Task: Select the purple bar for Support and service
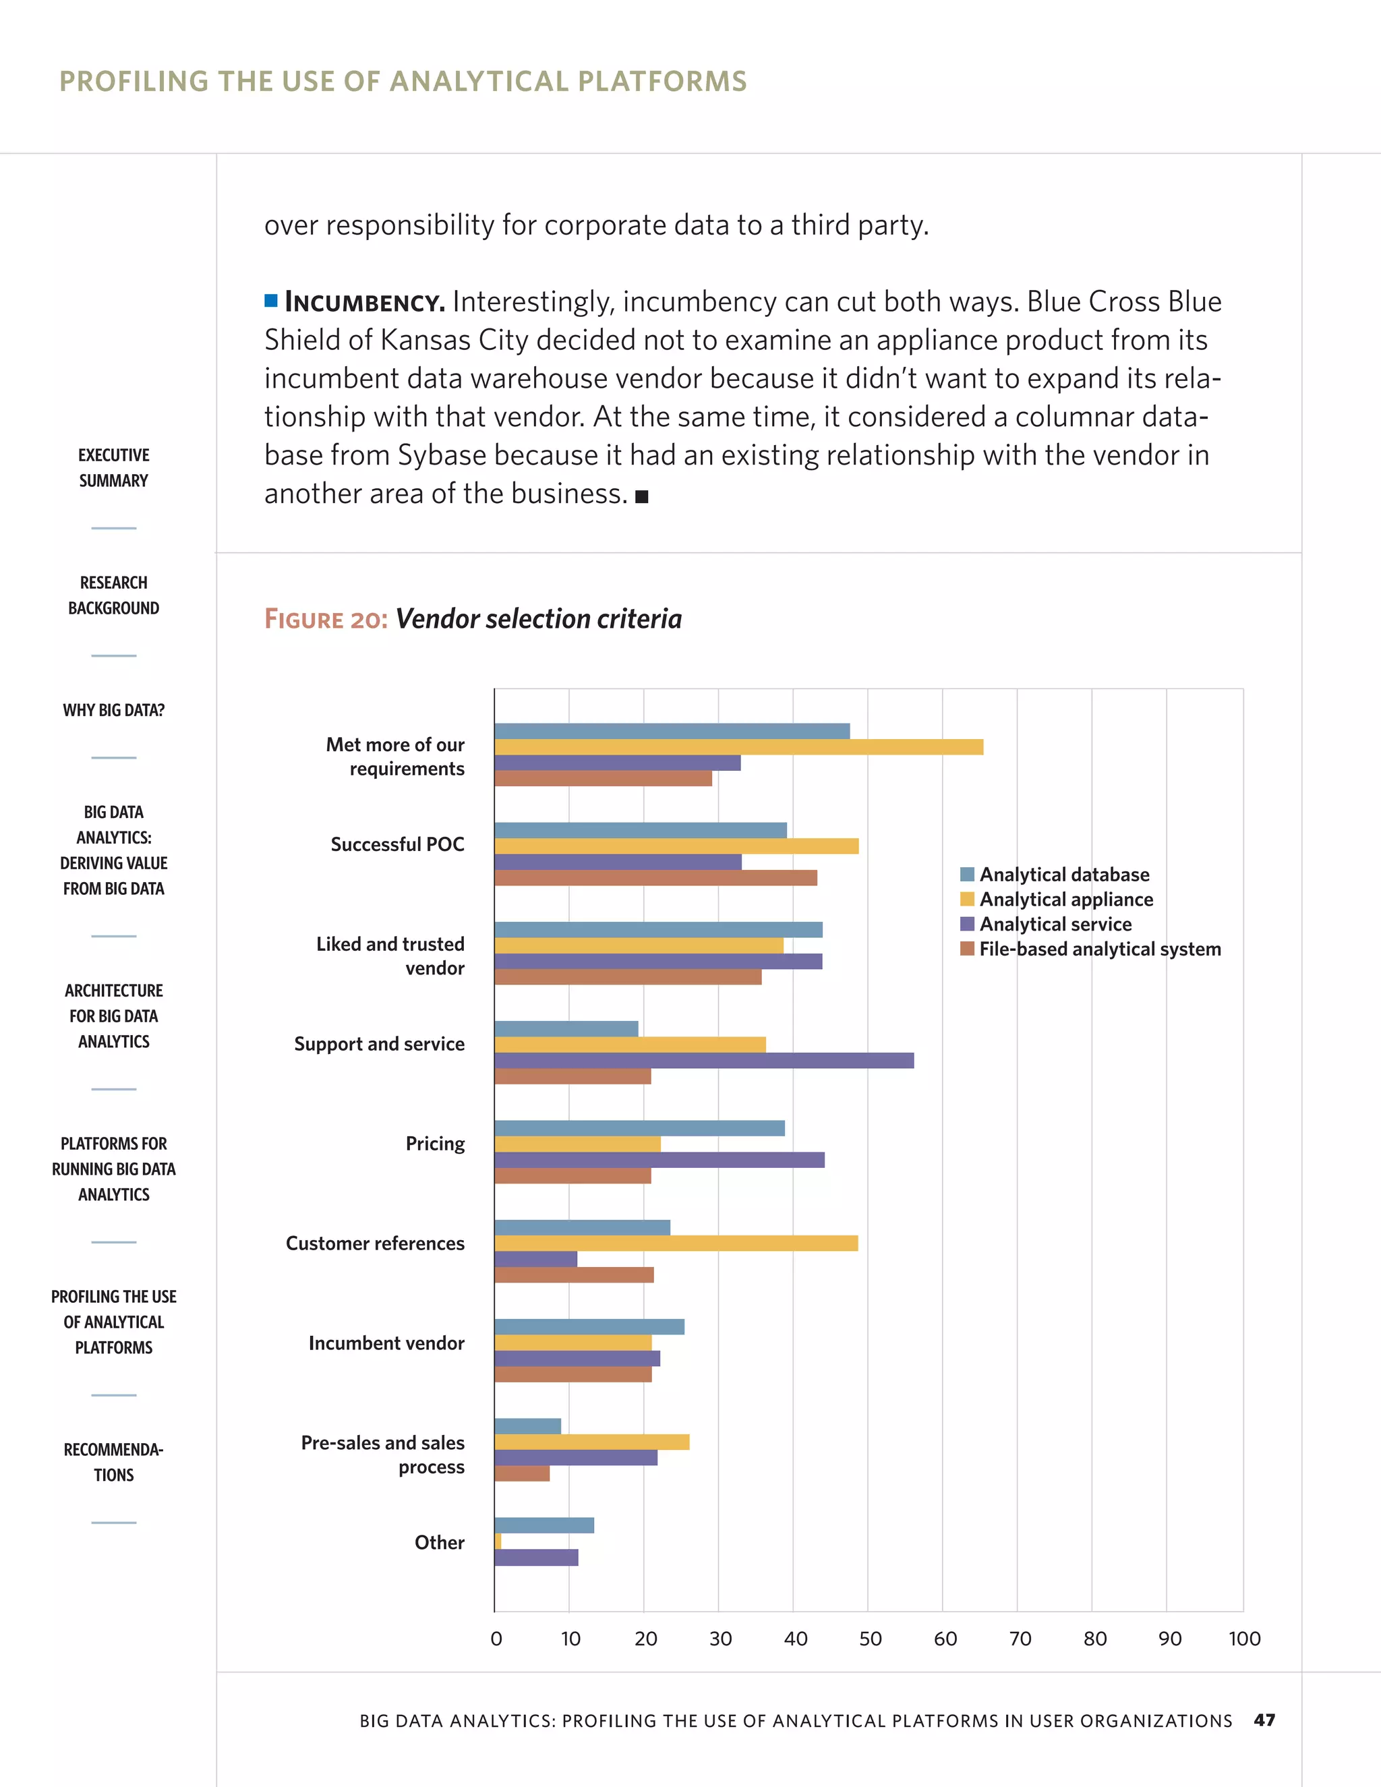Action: coord(703,1061)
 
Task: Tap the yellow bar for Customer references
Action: coord(676,1243)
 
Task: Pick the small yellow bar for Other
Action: coord(498,1542)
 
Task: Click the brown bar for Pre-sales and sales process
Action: coord(522,1473)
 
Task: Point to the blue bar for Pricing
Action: coord(639,1128)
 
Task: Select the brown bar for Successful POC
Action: coord(655,878)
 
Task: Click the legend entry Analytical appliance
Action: coord(1065,899)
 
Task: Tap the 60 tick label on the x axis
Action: coord(945,1639)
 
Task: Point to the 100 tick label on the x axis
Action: coord(1243,1639)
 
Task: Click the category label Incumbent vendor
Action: coord(386,1343)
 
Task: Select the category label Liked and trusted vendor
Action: coord(390,956)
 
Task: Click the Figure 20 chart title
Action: coord(473,618)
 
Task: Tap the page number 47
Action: coord(1264,1720)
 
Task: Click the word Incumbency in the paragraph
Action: coord(364,303)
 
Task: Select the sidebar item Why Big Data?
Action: coord(114,710)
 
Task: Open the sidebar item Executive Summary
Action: coord(114,467)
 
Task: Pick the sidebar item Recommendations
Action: coord(114,1462)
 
